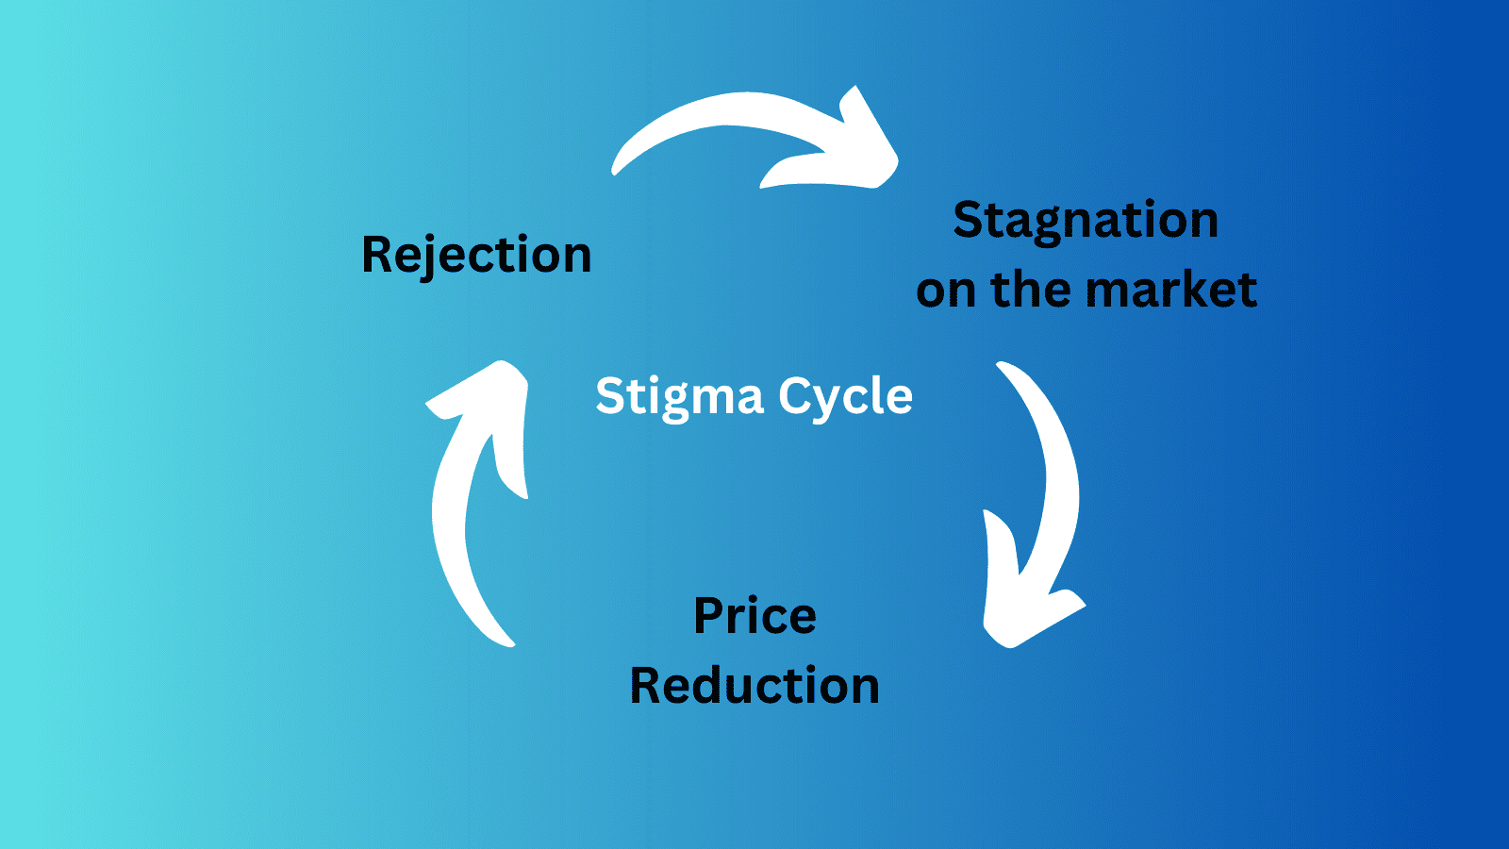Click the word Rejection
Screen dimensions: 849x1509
[x=476, y=255]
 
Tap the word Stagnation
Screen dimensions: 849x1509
[x=1086, y=221]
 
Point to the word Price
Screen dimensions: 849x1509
[x=754, y=616]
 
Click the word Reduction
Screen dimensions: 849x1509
[x=754, y=685]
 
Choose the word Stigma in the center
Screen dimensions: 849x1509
[x=679, y=396]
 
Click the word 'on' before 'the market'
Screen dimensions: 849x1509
[x=946, y=291]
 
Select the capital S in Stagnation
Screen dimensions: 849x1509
[x=970, y=220]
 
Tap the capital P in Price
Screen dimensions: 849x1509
[x=709, y=616]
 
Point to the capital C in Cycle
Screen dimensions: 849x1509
[x=795, y=395]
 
